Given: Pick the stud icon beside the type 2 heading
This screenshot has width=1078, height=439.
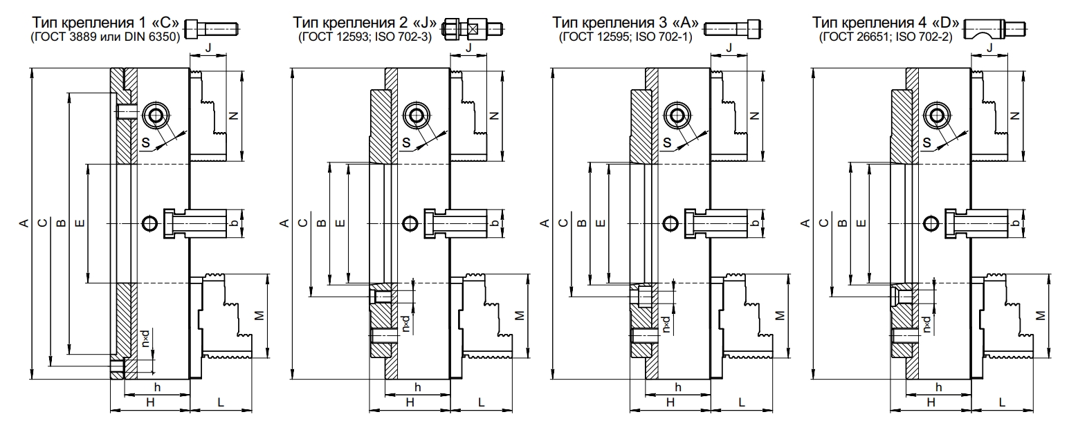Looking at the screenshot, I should click(473, 29).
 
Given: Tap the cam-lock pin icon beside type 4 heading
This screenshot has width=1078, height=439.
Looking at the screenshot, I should click(994, 29).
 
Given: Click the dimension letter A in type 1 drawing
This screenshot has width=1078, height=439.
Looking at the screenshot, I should click(24, 223).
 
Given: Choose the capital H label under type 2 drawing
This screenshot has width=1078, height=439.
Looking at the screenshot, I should click(410, 402).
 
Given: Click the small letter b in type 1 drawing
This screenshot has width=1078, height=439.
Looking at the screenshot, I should click(235, 223).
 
